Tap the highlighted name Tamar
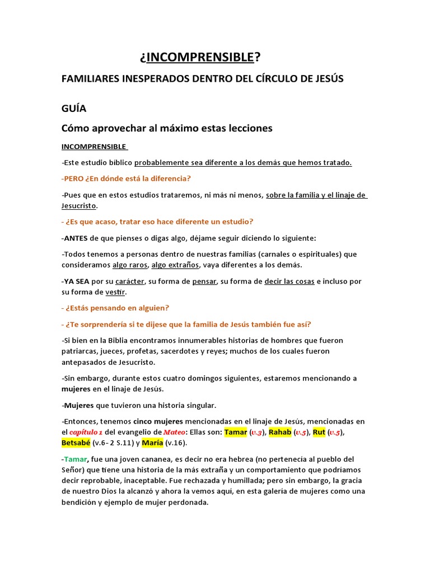pyautogui.click(x=236, y=432)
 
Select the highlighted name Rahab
pyautogui.click(x=281, y=432)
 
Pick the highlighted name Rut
pyautogui.click(x=319, y=432)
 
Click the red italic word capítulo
pyautogui.click(x=83, y=432)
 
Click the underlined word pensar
pyautogui.click(x=204, y=281)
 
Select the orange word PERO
pyautogui.click(x=74, y=179)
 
